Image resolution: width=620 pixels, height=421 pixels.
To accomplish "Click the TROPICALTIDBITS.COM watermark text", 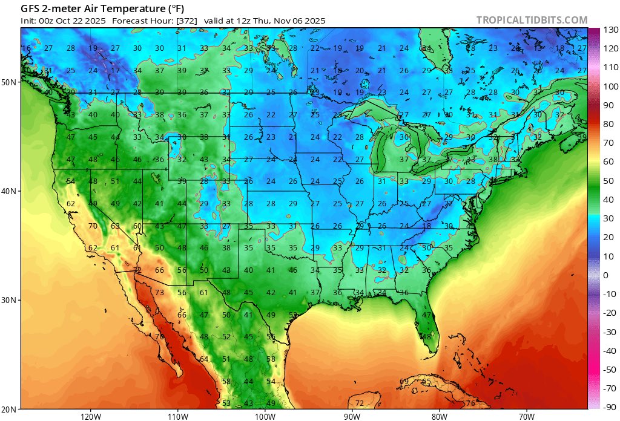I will coord(532,20).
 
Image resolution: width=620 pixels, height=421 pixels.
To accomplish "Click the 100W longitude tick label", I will coord(265,416).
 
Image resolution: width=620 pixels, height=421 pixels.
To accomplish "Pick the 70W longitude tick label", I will coord(526,416).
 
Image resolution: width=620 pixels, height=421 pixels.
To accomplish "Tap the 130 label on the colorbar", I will coord(610,30).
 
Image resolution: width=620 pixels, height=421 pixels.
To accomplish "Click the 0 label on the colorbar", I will coord(605,275).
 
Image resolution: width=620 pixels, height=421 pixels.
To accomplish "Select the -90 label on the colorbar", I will coord(610,407).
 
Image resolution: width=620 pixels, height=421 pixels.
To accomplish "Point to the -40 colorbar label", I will coord(610,351).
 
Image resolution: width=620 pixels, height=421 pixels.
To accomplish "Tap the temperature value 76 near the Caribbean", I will coord(470,403).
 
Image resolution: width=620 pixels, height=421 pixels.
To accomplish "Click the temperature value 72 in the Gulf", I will coord(359,403).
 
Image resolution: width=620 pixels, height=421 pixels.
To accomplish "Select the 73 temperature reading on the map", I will coord(160,293).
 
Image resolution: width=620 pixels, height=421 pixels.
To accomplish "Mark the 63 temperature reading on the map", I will coord(115,226).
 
